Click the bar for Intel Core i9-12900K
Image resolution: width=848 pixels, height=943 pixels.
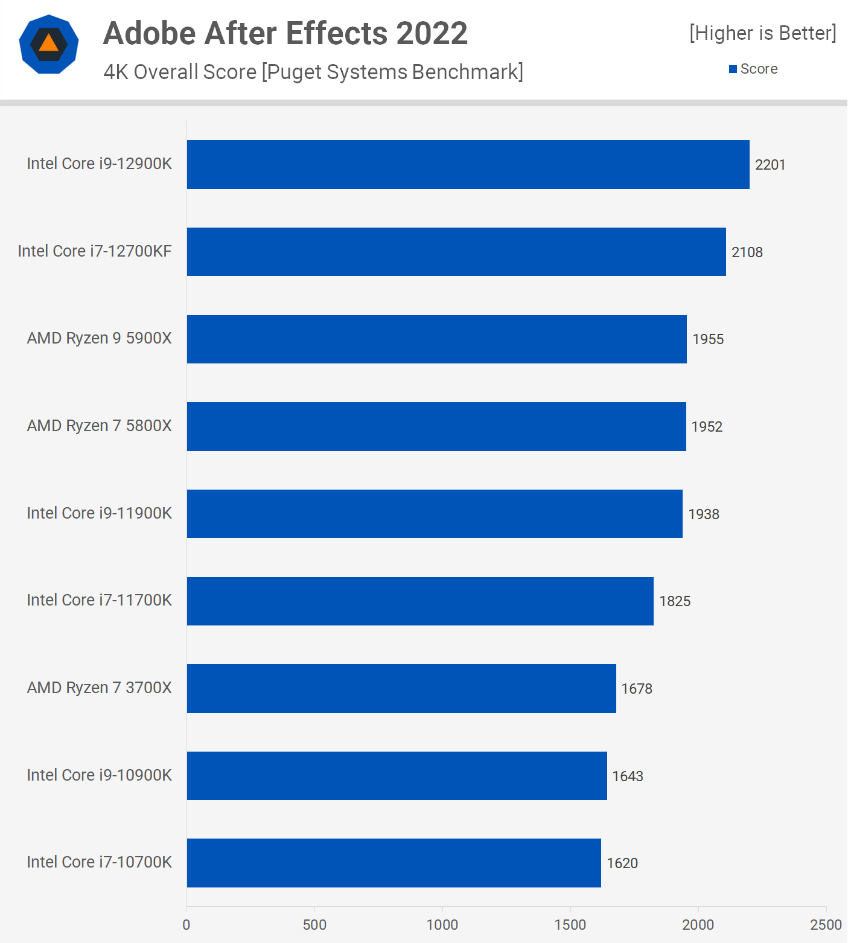point(468,164)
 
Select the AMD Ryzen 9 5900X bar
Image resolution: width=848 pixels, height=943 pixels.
point(436,339)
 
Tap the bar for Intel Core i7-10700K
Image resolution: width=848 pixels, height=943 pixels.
point(394,863)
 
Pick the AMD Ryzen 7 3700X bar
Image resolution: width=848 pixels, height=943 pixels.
point(401,688)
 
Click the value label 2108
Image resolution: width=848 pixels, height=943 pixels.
point(747,252)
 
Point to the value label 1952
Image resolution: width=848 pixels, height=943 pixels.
point(706,427)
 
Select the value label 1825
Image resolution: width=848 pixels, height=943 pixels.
point(674,601)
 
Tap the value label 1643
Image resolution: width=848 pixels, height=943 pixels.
point(627,776)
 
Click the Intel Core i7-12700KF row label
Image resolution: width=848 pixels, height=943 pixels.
point(95,251)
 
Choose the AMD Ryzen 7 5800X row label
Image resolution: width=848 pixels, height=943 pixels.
point(99,426)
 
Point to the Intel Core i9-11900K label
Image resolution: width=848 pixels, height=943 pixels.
point(99,513)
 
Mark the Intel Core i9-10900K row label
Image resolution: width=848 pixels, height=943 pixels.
point(99,775)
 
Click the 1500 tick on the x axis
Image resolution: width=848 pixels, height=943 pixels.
point(570,924)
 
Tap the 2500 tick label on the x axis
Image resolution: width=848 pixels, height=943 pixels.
point(825,924)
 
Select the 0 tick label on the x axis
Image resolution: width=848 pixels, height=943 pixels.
point(186,924)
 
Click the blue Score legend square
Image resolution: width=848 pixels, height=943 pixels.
point(733,69)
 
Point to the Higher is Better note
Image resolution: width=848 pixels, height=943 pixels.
point(762,33)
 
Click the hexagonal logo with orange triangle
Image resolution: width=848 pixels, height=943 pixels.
point(49,44)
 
